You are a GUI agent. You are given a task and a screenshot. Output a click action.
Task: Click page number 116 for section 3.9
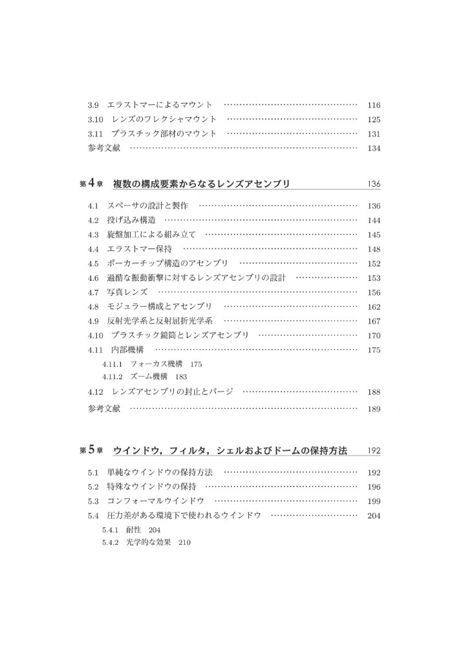(x=373, y=105)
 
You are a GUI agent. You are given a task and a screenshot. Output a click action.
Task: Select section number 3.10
(x=95, y=119)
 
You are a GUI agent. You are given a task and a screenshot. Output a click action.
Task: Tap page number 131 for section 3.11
(x=373, y=134)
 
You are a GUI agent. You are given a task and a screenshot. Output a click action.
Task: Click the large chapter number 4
(x=93, y=183)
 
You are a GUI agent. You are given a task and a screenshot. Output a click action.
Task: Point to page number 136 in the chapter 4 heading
(x=373, y=184)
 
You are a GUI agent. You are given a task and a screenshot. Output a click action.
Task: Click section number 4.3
(x=93, y=235)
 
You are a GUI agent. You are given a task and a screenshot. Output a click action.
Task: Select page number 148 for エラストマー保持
(x=373, y=249)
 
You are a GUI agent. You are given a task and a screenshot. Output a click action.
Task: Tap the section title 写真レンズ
(x=128, y=292)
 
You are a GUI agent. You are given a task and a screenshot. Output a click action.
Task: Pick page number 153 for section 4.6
(x=373, y=278)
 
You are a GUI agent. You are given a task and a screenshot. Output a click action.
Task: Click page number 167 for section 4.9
(x=373, y=322)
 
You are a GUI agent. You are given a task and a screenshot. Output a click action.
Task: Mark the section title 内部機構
(x=127, y=350)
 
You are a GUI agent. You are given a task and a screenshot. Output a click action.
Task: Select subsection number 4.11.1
(x=113, y=364)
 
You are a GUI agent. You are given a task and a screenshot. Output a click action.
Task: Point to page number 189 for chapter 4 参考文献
(x=373, y=409)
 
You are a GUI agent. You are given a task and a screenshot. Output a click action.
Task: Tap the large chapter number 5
(x=93, y=449)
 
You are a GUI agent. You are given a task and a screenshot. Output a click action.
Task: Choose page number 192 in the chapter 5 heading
(x=373, y=450)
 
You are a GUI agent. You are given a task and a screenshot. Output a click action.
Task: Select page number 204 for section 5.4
(x=373, y=516)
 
